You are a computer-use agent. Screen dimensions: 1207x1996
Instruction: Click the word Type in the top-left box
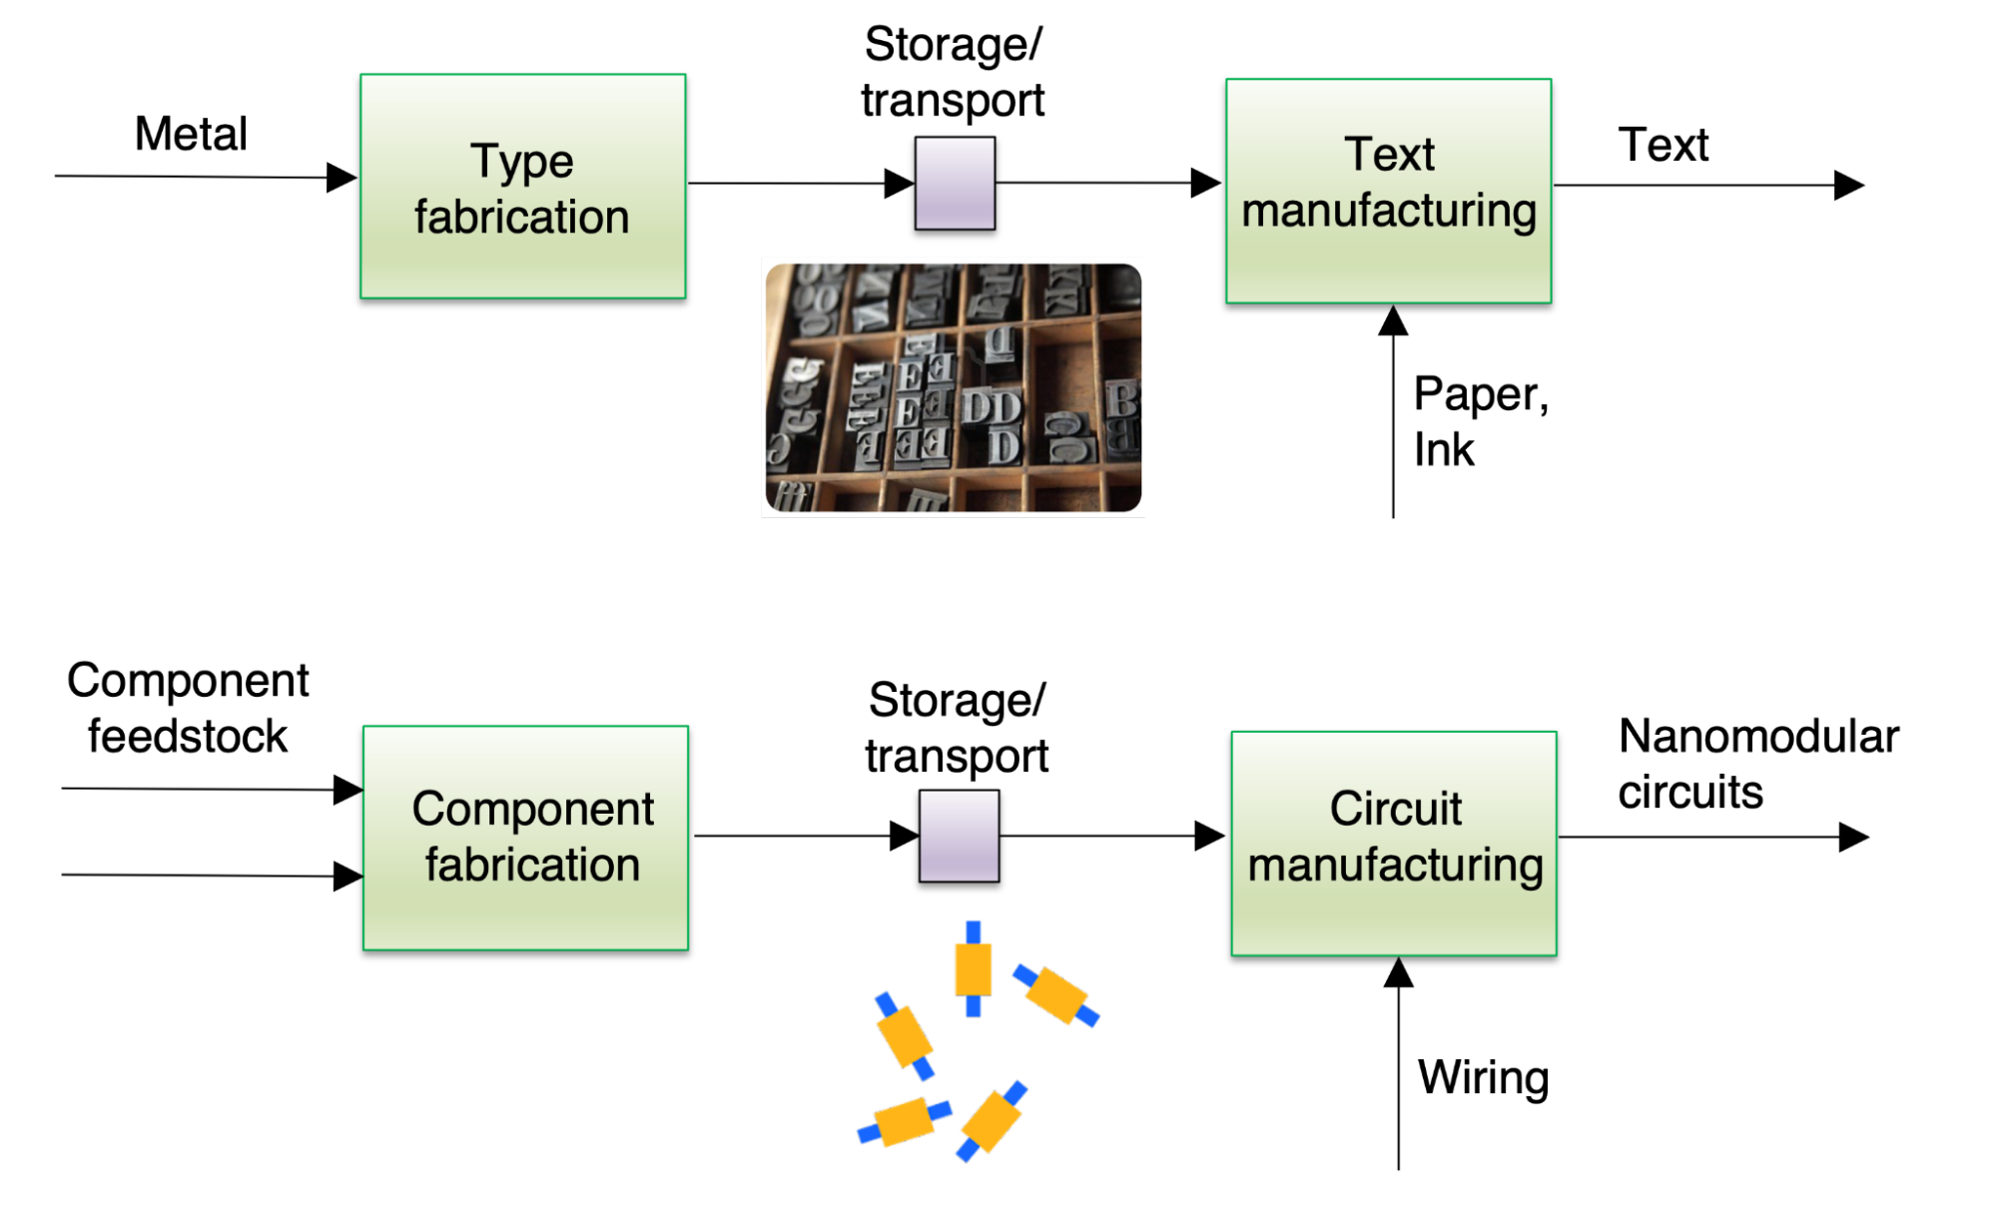pos(521,161)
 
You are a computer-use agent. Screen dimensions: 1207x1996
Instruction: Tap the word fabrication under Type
pos(521,217)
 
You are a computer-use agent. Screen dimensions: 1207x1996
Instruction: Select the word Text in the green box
pos(1389,155)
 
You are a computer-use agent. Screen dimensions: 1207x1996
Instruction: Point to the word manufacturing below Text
pos(1389,211)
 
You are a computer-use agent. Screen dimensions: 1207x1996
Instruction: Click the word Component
pos(532,809)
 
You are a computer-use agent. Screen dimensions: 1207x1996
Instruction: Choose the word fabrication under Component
pos(532,865)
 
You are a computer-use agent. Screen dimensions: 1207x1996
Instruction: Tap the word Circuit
pos(1395,809)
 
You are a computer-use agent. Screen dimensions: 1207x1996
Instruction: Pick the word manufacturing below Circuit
pos(1395,865)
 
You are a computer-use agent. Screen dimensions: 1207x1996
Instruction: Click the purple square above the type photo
pos(955,183)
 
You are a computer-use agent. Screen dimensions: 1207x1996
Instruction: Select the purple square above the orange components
pos(959,836)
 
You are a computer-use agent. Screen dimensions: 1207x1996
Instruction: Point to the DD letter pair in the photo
pos(992,407)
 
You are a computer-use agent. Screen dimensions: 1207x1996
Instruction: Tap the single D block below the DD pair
pos(1003,446)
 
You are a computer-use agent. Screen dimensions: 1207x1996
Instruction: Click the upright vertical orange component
pos(973,968)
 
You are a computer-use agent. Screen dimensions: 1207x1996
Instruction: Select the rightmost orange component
pos(1056,994)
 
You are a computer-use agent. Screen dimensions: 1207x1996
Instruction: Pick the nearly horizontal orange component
pos(905,1122)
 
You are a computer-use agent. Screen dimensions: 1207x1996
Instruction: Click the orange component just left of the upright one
pos(905,1036)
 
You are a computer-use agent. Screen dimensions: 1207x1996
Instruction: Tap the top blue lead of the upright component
pos(973,930)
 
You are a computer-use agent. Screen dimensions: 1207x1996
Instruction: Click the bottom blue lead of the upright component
pos(973,1006)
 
